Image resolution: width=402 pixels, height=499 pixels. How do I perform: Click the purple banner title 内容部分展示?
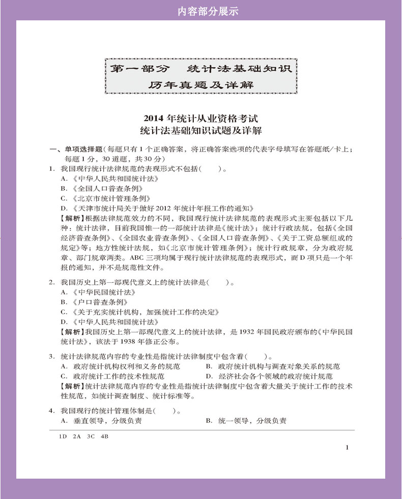pos(201,11)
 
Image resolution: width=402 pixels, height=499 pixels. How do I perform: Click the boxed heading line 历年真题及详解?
pos(201,85)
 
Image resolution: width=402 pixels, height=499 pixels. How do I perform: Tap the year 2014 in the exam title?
pos(154,119)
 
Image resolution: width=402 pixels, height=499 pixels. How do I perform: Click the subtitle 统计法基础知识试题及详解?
pos(201,131)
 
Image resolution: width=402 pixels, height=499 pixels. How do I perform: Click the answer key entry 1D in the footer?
pos(63,436)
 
